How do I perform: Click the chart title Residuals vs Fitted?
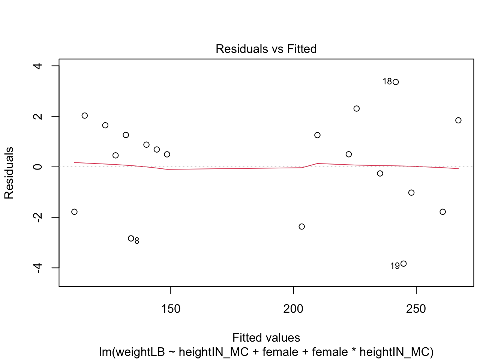coord(266,49)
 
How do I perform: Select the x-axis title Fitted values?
coord(266,337)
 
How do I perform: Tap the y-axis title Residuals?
coord(9,173)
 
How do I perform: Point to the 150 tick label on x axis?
coord(171,309)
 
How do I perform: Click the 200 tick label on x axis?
coord(293,309)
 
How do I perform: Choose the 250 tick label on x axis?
coord(416,309)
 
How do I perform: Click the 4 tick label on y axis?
coord(37,66)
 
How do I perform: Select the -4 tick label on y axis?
coord(37,267)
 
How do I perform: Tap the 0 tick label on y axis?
coord(37,167)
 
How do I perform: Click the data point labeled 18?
coord(396,82)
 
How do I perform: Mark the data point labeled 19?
coord(403,264)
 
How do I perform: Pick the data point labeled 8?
coord(131,238)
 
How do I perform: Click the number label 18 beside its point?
coord(387,82)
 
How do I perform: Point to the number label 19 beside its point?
coord(395,266)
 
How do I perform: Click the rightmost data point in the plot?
coord(458,120)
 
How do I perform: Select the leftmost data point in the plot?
coord(74,212)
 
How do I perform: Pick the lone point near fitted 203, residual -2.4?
coord(302,226)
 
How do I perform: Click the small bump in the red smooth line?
coord(317,163)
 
